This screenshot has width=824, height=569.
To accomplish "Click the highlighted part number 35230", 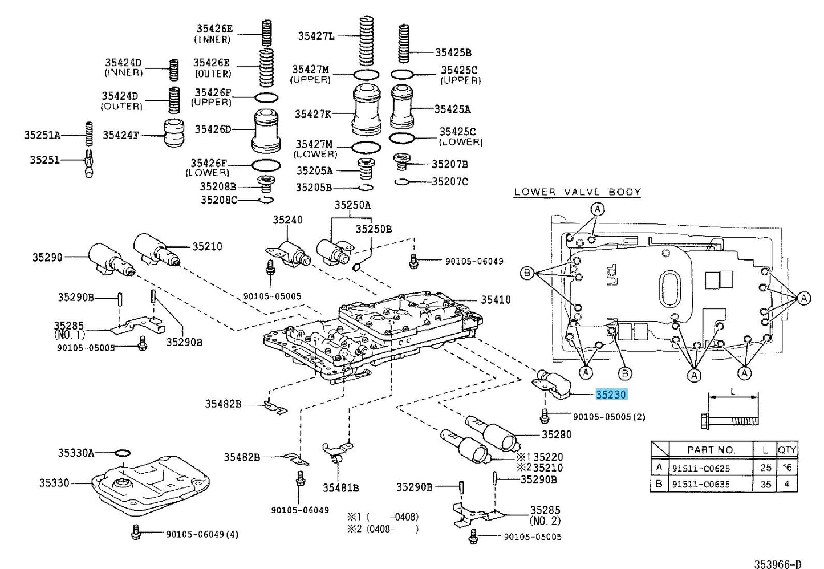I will [x=611, y=395].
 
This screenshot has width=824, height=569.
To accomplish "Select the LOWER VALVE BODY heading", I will [x=577, y=192].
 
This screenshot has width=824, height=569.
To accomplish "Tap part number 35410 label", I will [x=495, y=300].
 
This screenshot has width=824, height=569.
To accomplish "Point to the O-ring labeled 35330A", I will [x=122, y=453].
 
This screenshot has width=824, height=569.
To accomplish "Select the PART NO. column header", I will [x=711, y=450].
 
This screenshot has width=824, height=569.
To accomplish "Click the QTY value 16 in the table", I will [x=787, y=468].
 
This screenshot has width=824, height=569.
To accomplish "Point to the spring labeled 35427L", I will [x=366, y=41].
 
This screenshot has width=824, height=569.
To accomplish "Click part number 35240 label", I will [x=287, y=220].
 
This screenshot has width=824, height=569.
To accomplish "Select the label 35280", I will [x=556, y=434].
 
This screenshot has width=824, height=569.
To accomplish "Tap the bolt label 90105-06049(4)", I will [x=202, y=534].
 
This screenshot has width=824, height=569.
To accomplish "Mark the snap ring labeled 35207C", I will [x=403, y=182].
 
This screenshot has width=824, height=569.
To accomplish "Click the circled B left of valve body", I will [x=527, y=273].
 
